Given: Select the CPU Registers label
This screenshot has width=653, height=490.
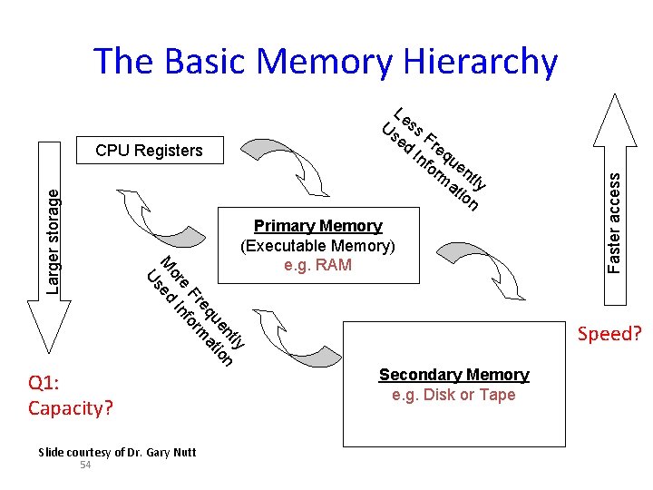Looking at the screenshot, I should click(149, 151).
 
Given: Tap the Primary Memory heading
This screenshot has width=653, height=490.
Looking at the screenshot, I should click(317, 226).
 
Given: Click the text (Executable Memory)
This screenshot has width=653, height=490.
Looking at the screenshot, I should click(317, 246).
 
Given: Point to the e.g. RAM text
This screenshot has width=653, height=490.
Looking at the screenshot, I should click(317, 266).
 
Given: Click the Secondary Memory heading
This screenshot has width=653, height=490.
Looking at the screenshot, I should click(453, 375).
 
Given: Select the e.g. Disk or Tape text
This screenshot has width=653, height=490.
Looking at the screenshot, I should click(453, 395).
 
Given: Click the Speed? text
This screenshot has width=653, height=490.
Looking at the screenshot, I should click(609, 334).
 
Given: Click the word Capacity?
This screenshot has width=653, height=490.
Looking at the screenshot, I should click(71, 407).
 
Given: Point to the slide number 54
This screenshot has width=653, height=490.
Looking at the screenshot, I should click(85, 465).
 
